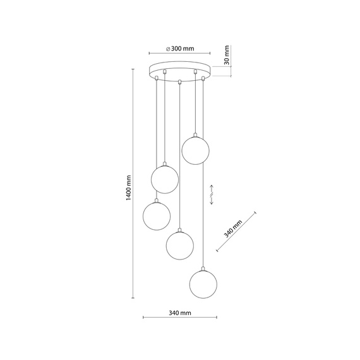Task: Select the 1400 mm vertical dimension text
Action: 128,188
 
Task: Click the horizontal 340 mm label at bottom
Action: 180,313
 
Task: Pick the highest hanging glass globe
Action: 195,150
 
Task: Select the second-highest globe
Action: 164,179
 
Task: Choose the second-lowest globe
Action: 179,245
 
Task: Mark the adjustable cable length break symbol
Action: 213,195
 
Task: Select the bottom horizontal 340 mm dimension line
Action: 180,318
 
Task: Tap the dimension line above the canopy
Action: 180,53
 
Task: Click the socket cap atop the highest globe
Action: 195,135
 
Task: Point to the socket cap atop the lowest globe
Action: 203,268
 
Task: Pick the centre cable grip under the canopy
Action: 180,81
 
